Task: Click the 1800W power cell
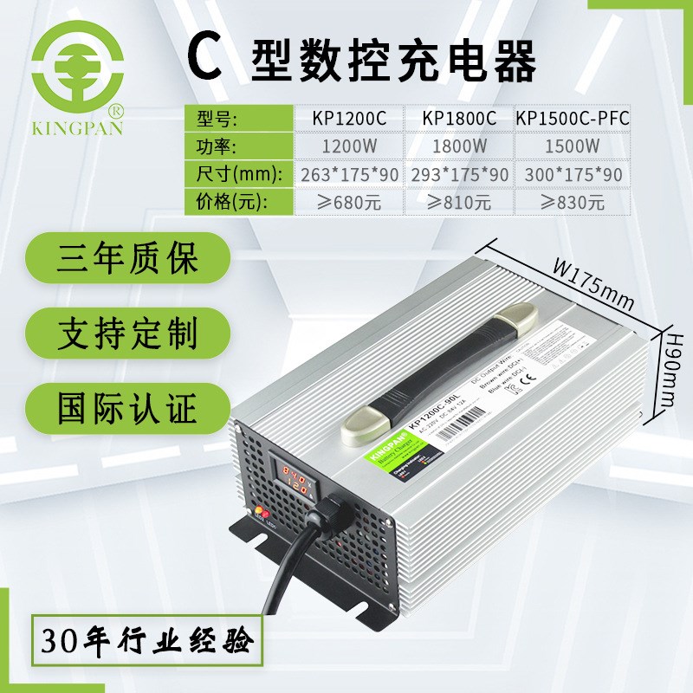click(459, 146)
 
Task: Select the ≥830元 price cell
click(572, 203)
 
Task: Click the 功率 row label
click(213, 146)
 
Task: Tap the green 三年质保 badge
click(127, 259)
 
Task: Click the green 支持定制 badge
click(127, 332)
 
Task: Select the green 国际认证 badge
click(127, 404)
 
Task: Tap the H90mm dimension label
click(670, 369)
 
